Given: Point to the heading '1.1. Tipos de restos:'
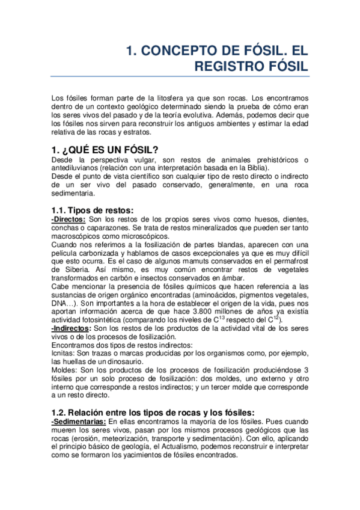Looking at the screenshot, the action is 92,209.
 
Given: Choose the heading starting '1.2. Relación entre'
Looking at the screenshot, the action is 154,412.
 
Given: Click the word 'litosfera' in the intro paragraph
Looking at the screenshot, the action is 159,97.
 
